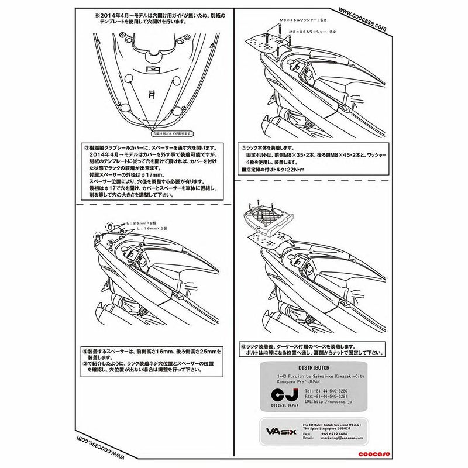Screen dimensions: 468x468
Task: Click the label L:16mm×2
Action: [x=146, y=229]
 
